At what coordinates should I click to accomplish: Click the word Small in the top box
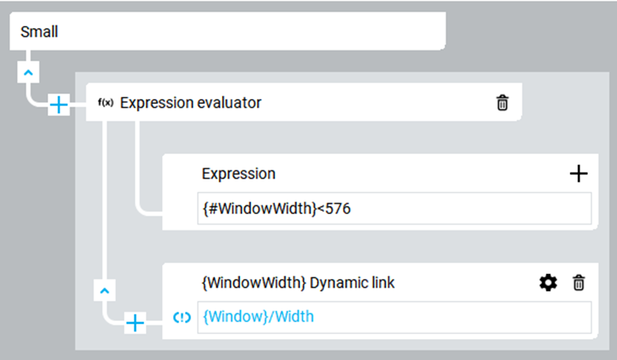pos(39,31)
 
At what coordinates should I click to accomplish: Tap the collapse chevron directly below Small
pos(29,73)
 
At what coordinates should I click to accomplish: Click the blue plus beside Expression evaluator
pos(59,105)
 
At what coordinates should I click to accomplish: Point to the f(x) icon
pos(105,103)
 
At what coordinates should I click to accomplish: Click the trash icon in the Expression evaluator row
pos(502,103)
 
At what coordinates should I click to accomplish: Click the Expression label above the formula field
pos(239,174)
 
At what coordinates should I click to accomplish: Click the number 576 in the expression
pos(338,209)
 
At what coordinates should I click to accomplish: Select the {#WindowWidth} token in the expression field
pos(260,209)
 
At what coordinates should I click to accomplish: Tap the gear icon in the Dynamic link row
pos(548,283)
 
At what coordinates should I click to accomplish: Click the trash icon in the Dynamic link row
pos(579,283)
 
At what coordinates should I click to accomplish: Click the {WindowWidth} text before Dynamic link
pos(254,283)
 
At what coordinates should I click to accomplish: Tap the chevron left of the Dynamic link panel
pos(105,291)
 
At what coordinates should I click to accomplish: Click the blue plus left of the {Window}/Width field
pos(135,323)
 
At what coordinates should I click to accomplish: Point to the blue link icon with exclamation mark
pos(181,317)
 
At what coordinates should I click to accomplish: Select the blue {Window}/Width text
pos(258,317)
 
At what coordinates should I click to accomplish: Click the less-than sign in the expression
pos(320,209)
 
